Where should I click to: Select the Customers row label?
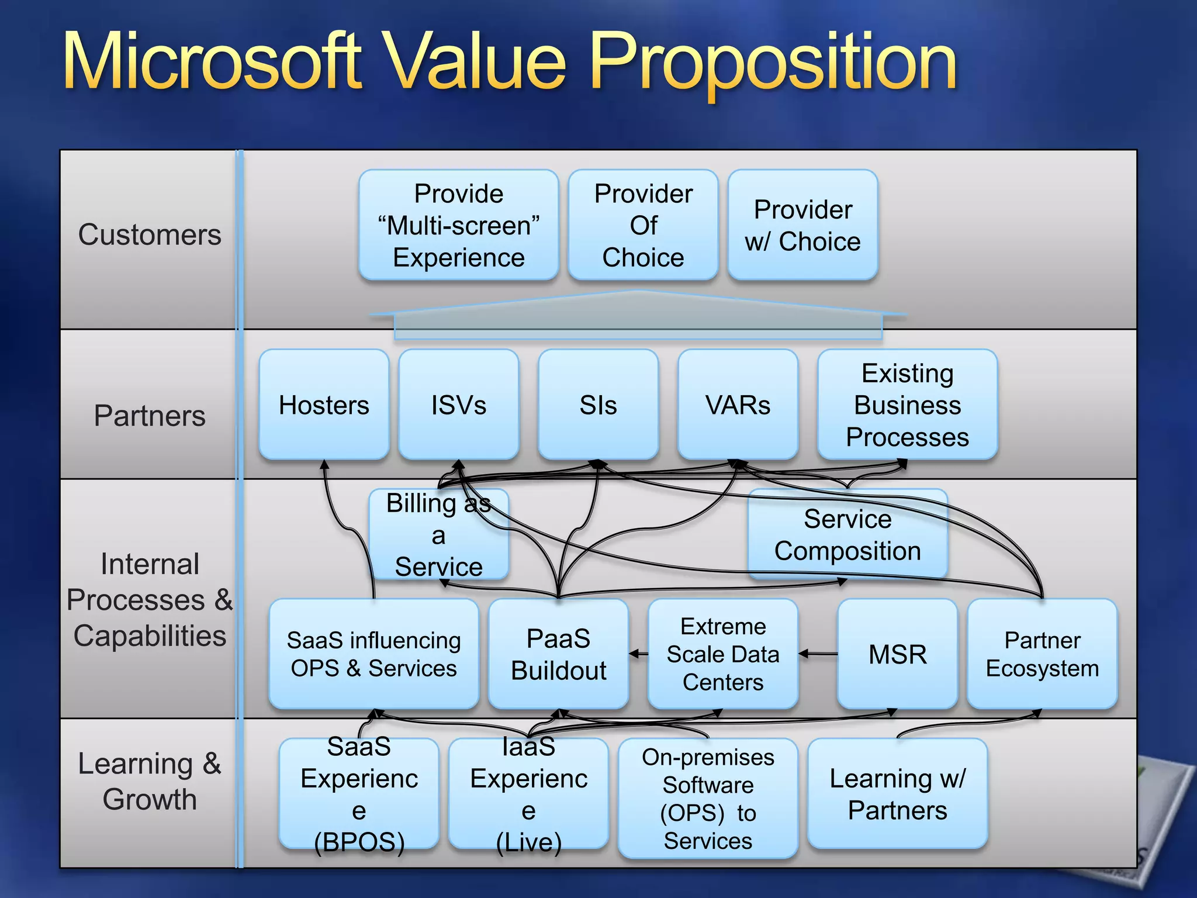pyautogui.click(x=150, y=235)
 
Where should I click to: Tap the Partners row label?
pyautogui.click(x=150, y=416)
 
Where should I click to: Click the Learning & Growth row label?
pyautogui.click(x=150, y=781)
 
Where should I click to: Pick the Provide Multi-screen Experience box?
pyautogui.click(x=458, y=226)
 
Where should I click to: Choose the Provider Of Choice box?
pyautogui.click(x=643, y=226)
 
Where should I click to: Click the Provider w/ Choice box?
pyautogui.click(x=802, y=226)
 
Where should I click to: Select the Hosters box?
pyautogui.click(x=324, y=405)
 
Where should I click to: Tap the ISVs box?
pyautogui.click(x=459, y=405)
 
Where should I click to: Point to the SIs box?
pyautogui.click(x=598, y=405)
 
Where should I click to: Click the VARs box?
pyautogui.click(x=738, y=405)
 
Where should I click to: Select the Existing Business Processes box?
pyautogui.click(x=907, y=405)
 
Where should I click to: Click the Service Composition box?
pyautogui.click(x=847, y=535)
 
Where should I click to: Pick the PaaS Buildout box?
pyautogui.click(x=558, y=654)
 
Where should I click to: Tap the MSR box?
pyautogui.click(x=897, y=654)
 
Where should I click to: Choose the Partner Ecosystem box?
pyautogui.click(x=1042, y=654)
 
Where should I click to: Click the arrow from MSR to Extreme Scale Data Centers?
pyautogui.click(x=818, y=654)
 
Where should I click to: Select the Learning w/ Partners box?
pyautogui.click(x=897, y=794)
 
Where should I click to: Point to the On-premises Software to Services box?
pyautogui.click(x=708, y=799)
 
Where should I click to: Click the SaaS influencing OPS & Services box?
pyautogui.click(x=373, y=654)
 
